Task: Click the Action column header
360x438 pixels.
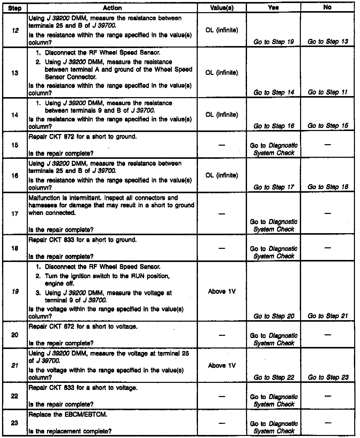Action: click(x=112, y=8)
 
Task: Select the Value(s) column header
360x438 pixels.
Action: click(x=222, y=8)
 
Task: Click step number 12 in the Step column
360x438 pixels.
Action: click(x=15, y=31)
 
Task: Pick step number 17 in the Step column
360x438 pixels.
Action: click(x=15, y=214)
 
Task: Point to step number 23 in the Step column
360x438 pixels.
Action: click(x=15, y=423)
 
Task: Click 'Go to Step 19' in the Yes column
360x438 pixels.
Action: click(x=274, y=42)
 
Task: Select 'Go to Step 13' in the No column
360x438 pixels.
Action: click(x=328, y=41)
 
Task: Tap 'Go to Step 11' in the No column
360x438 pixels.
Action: click(x=328, y=92)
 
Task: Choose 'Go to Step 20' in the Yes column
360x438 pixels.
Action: click(x=274, y=316)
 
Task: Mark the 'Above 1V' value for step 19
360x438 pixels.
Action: click(x=222, y=292)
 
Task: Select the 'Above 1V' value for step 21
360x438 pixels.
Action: click(x=222, y=365)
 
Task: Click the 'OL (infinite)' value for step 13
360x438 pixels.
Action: click(x=222, y=73)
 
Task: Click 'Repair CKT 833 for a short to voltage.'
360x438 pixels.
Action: click(x=83, y=388)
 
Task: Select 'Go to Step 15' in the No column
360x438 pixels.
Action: click(x=328, y=126)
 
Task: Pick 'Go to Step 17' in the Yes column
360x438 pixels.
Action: click(x=274, y=187)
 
